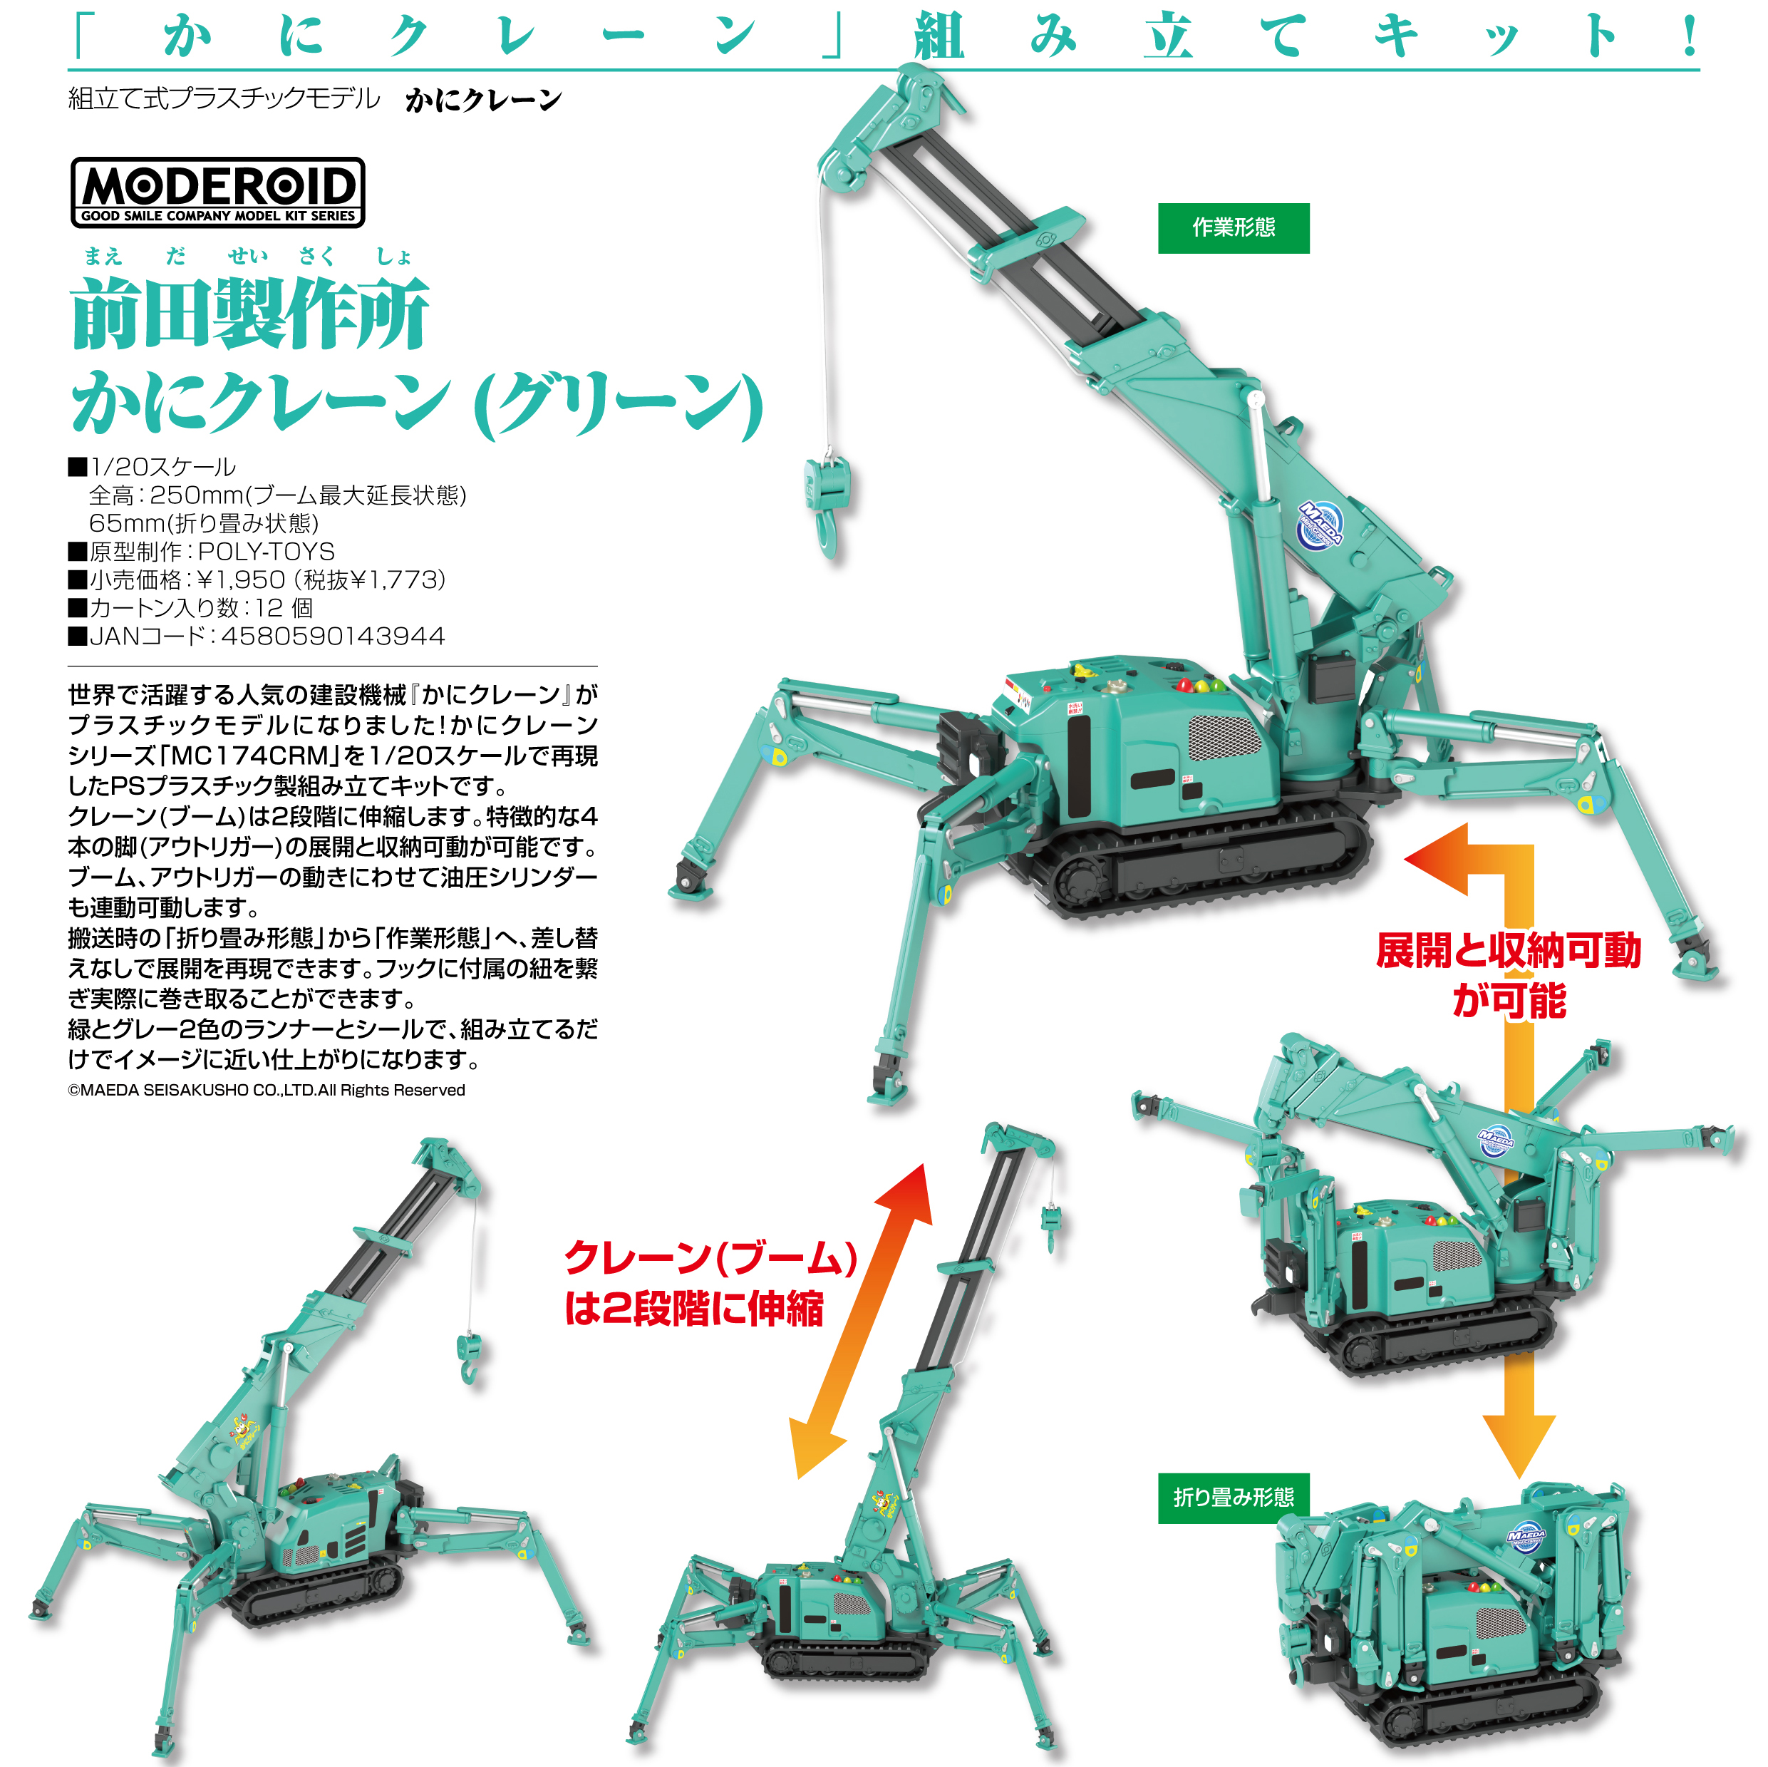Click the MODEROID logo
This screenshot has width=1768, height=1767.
pyautogui.click(x=218, y=192)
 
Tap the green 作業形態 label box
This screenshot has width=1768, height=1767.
pyautogui.click(x=1233, y=228)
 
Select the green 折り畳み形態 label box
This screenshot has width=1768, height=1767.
pyautogui.click(x=1233, y=1498)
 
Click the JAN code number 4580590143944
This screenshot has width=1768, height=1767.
pyautogui.click(x=333, y=637)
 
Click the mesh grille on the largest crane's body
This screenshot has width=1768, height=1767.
pyautogui.click(x=1223, y=737)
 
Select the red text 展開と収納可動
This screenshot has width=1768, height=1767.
pyautogui.click(x=1508, y=950)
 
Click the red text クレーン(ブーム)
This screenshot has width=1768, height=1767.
pyautogui.click(x=710, y=1258)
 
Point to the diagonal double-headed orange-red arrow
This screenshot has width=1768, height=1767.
pyautogui.click(x=861, y=1321)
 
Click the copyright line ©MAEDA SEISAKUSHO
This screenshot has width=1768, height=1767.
pyautogui.click(x=267, y=1091)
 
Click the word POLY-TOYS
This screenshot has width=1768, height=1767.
pyautogui.click(x=267, y=551)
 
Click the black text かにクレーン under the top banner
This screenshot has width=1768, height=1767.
pyautogui.click(x=483, y=99)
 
